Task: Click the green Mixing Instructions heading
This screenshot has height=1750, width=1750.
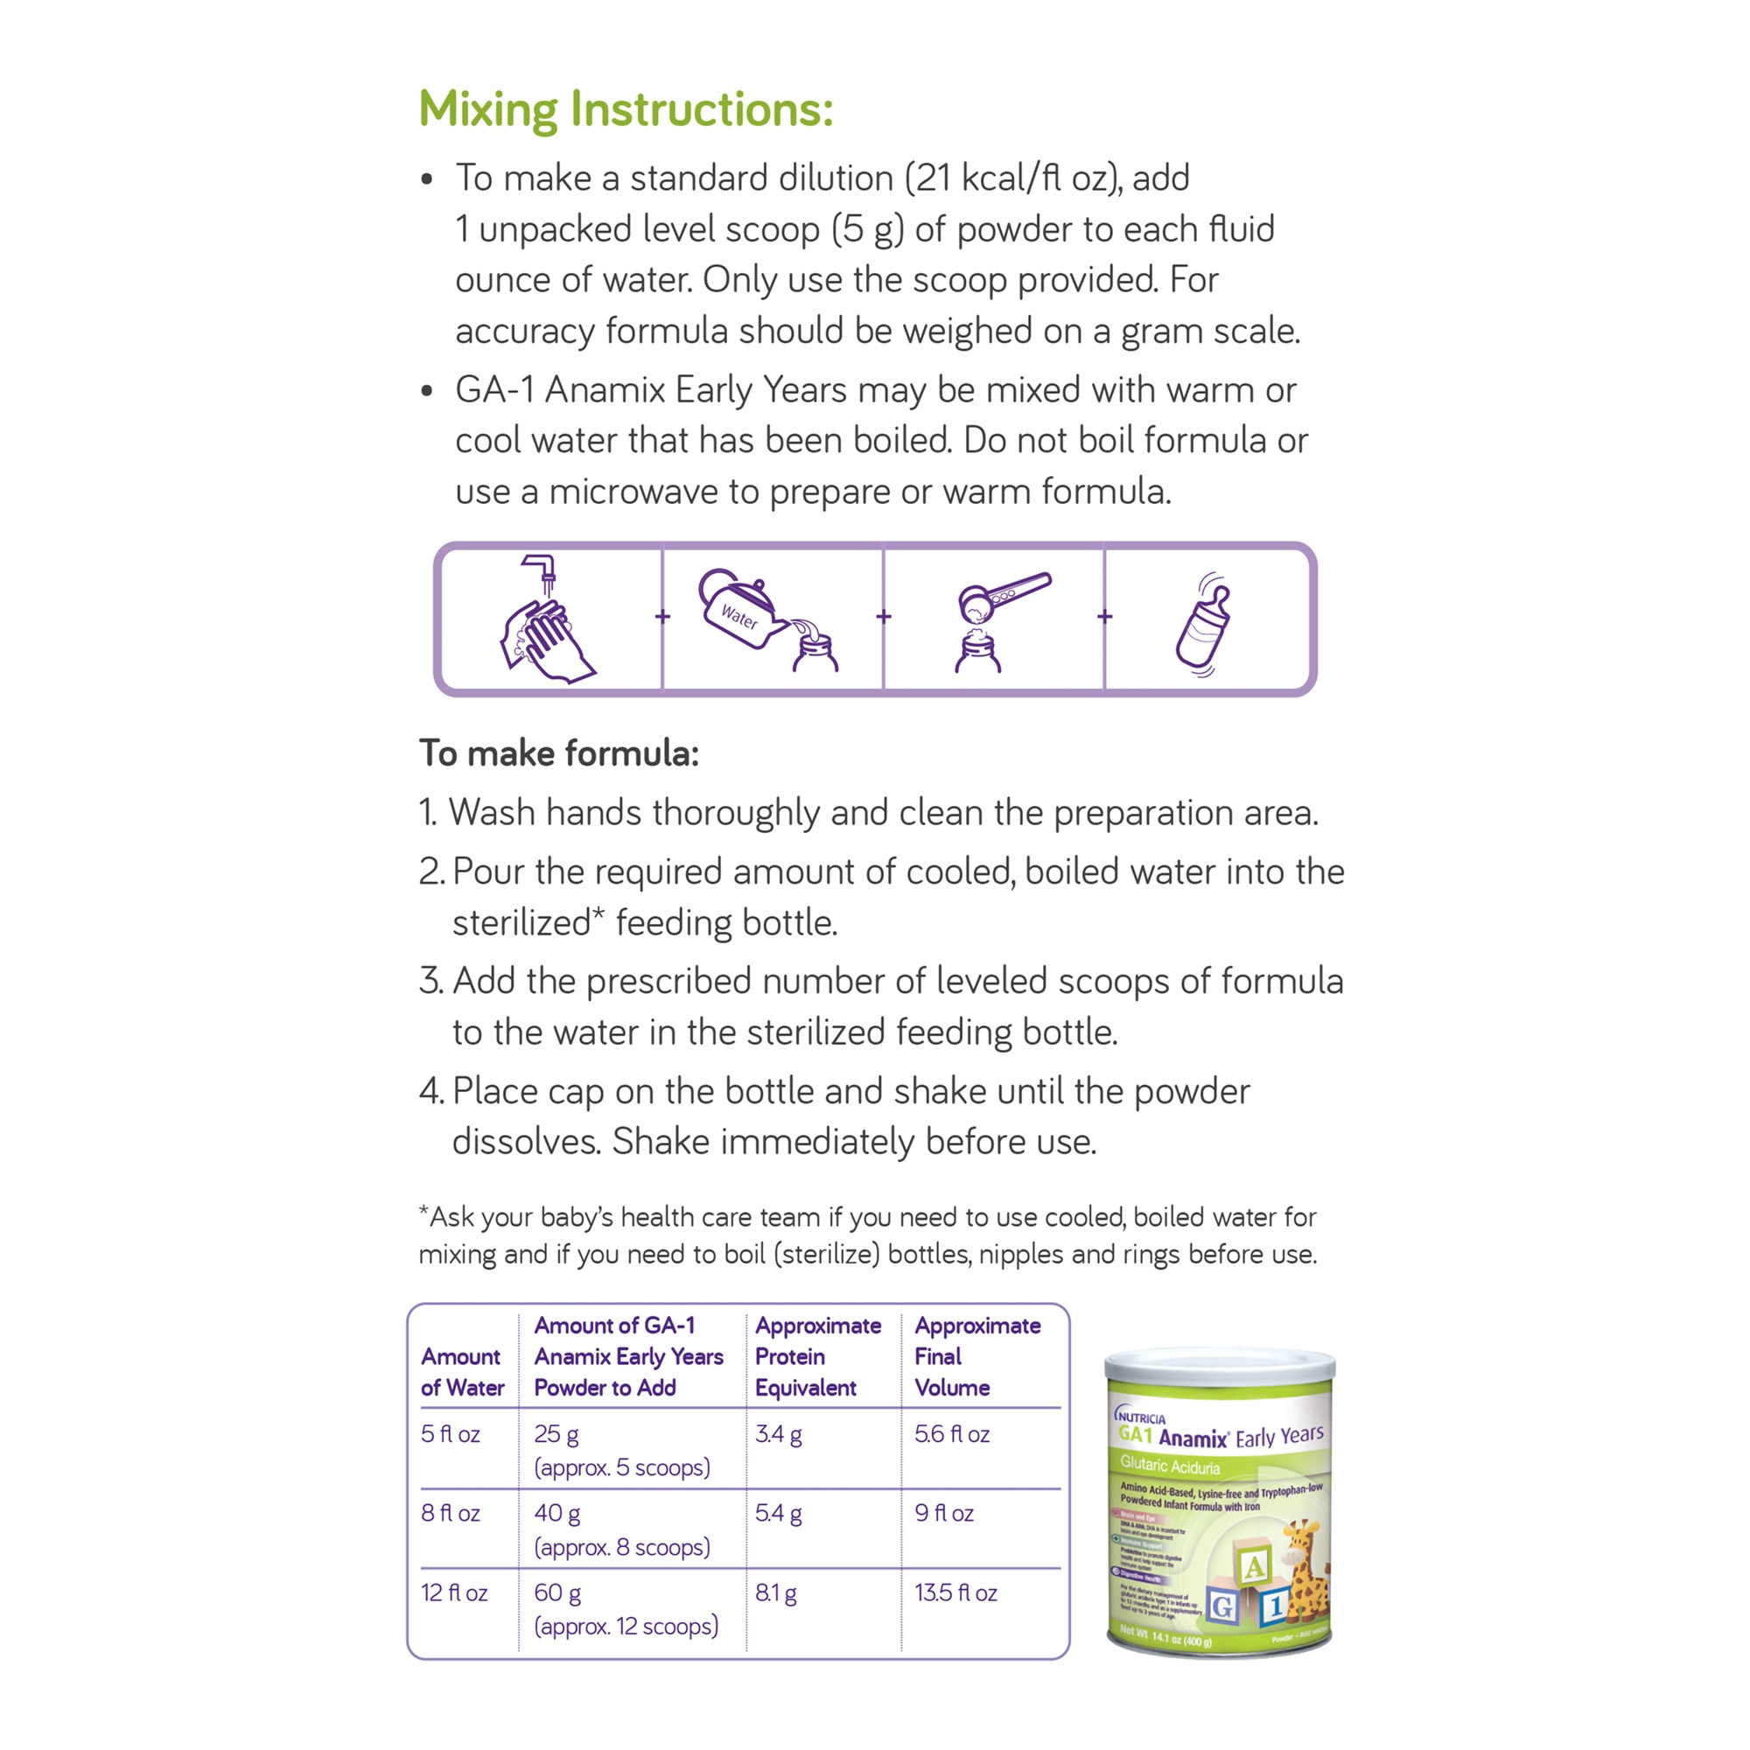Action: click(625, 108)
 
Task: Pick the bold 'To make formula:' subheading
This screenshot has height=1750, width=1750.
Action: click(559, 753)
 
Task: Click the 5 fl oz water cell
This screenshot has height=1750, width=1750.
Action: click(450, 1434)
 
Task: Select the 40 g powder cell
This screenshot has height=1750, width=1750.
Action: click(557, 1513)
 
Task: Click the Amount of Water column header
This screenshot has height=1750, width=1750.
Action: click(462, 1371)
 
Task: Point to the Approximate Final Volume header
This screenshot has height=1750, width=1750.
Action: click(976, 1356)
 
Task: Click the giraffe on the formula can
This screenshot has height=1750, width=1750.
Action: click(1305, 1575)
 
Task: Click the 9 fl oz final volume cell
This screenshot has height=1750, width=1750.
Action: click(944, 1513)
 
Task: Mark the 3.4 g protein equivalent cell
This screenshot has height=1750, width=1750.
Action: click(778, 1434)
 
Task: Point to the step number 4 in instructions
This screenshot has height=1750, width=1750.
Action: click(430, 1091)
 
